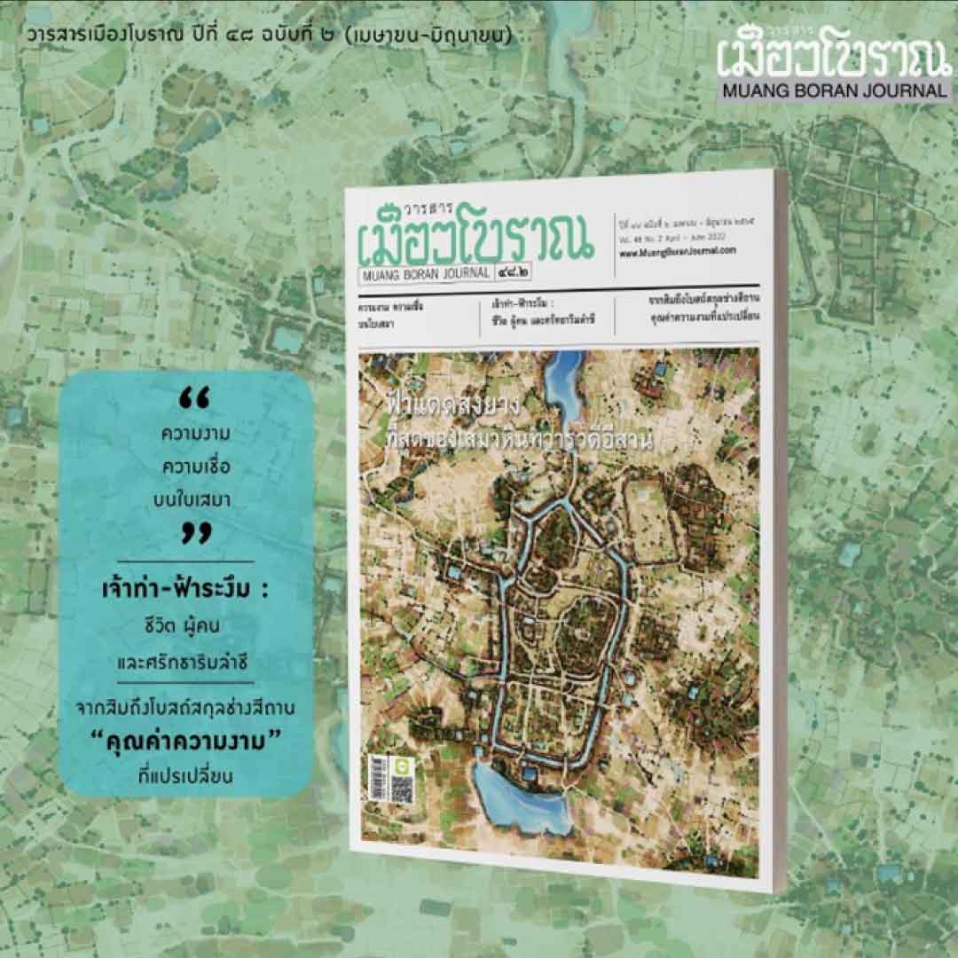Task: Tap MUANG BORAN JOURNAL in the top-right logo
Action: pos(833,90)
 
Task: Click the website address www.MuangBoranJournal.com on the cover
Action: pos(679,251)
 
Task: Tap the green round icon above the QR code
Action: pos(402,763)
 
